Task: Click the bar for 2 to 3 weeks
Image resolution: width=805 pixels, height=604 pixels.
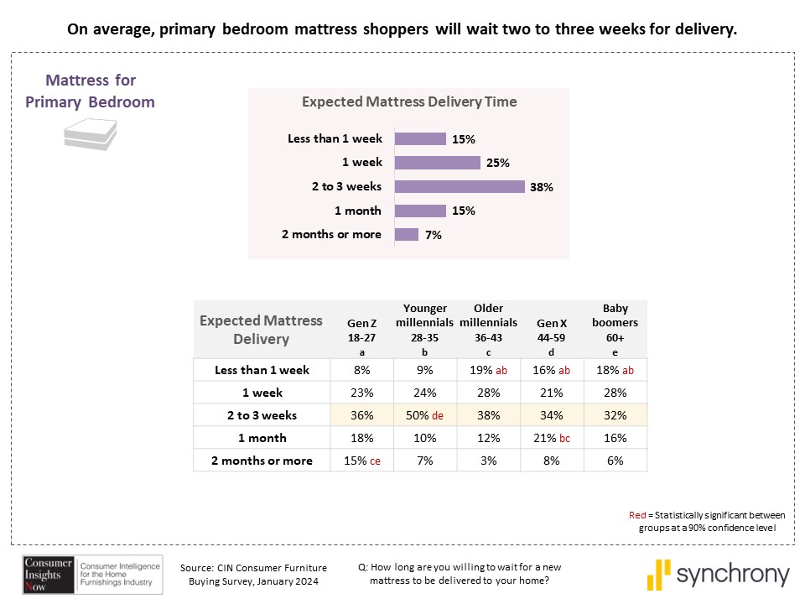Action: click(x=460, y=186)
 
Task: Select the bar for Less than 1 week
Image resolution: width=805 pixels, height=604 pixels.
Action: click(x=420, y=138)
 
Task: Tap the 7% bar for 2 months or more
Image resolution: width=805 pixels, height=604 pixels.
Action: click(x=407, y=235)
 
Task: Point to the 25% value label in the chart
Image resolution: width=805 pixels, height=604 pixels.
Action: click(x=497, y=163)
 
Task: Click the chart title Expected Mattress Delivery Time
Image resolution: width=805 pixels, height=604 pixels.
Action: click(x=409, y=102)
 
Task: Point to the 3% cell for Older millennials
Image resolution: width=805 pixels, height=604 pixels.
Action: click(x=488, y=460)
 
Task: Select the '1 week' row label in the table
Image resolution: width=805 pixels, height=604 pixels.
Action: click(x=262, y=392)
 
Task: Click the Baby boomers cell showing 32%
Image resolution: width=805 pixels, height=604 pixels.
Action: click(x=615, y=414)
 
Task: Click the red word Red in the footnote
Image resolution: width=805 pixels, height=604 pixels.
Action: click(x=636, y=515)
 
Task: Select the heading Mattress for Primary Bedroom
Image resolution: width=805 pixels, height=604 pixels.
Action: click(x=91, y=91)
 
